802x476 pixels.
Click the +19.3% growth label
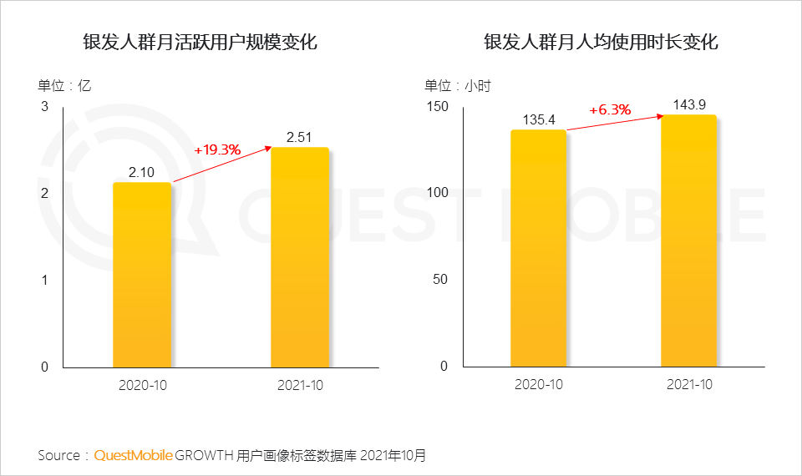pyautogui.click(x=217, y=150)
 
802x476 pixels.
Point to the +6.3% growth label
pyautogui.click(x=610, y=110)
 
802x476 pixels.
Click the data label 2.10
pyautogui.click(x=142, y=172)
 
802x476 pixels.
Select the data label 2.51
pyautogui.click(x=301, y=137)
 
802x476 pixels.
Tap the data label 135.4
pyautogui.click(x=539, y=120)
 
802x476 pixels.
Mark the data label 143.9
pyautogui.click(x=689, y=104)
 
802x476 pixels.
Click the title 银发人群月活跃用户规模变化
pyautogui.click(x=200, y=42)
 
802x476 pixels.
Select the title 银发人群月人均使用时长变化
pyautogui.click(x=601, y=42)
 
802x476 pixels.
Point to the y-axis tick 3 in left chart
pyautogui.click(x=44, y=107)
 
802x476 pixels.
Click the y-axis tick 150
pyautogui.click(x=438, y=107)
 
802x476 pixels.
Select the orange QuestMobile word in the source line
pyautogui.click(x=134, y=455)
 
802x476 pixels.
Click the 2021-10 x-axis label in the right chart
pyautogui.click(x=689, y=385)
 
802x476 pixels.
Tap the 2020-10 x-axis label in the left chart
pyautogui.click(x=142, y=385)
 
